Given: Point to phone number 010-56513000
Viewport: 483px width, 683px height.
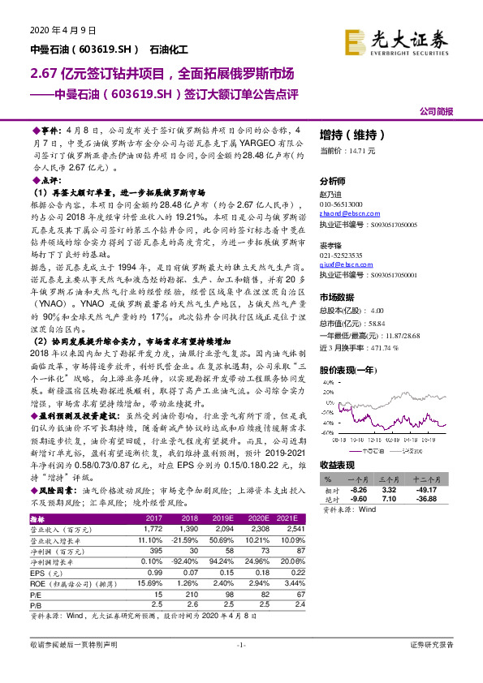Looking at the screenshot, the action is coord(342,204).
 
